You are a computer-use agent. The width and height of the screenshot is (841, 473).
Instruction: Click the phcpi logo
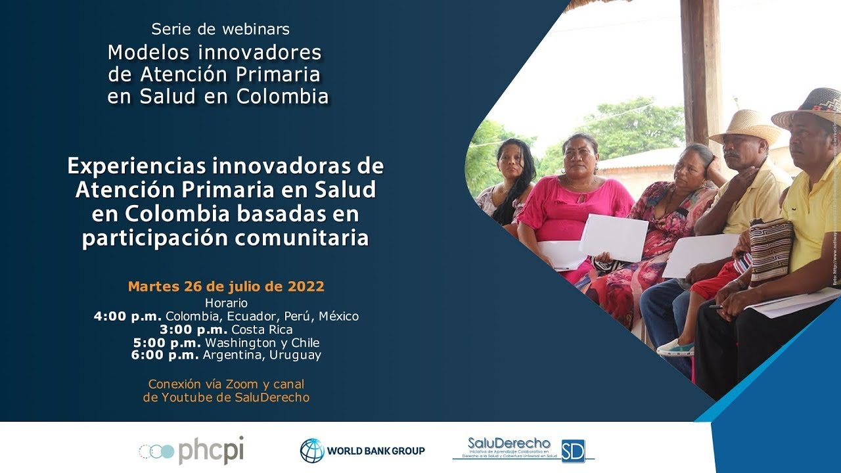[x=191, y=451]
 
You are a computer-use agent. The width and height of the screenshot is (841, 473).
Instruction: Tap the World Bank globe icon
[x=312, y=451]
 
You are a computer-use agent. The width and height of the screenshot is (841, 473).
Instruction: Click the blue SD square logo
[x=572, y=451]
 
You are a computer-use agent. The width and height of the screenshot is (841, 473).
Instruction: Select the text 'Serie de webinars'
[x=220, y=29]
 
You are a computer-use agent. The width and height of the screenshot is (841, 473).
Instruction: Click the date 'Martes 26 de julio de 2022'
[x=226, y=286]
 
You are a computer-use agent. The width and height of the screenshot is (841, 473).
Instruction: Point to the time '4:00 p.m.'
[x=127, y=316]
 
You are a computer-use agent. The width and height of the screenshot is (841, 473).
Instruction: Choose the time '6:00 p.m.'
[x=165, y=355]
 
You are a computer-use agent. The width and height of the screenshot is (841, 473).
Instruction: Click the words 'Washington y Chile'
[x=262, y=342]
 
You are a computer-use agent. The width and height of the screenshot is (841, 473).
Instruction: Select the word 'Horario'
[x=226, y=303]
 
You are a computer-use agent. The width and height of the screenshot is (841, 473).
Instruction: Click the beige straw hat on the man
[x=746, y=125]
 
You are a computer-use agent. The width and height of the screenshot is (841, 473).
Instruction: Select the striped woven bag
[x=771, y=250]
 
